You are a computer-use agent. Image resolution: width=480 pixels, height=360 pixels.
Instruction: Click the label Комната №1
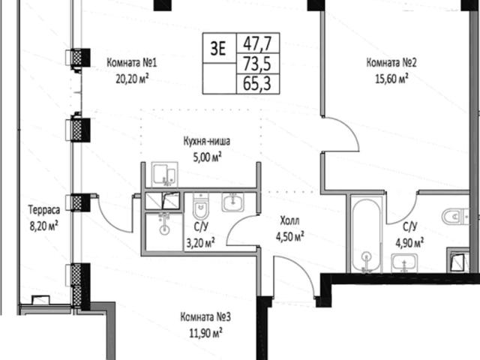[132, 63]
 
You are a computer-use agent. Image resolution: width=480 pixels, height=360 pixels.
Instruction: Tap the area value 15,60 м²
[391, 79]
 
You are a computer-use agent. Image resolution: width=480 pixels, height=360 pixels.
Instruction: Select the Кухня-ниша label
[207, 142]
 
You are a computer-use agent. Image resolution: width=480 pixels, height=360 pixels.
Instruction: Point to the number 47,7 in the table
[257, 43]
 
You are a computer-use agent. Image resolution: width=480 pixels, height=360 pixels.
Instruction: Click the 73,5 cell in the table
[257, 64]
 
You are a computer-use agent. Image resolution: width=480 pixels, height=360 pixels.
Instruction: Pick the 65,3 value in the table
[257, 83]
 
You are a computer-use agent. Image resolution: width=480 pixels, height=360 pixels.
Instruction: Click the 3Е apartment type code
[218, 48]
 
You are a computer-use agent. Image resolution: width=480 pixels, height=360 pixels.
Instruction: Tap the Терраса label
[44, 210]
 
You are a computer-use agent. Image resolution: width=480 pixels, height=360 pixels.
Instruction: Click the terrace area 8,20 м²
[43, 226]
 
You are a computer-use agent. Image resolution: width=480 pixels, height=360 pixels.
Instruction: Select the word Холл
[289, 220]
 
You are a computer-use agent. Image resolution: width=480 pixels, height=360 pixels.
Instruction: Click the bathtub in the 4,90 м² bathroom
[367, 235]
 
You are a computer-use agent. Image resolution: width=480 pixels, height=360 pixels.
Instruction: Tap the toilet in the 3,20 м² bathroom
[200, 206]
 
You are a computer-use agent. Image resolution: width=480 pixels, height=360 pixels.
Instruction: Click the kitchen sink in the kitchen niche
[164, 174]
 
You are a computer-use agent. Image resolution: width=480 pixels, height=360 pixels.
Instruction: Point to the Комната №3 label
[205, 317]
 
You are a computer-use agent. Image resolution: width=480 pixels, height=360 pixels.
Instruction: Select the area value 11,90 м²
[205, 333]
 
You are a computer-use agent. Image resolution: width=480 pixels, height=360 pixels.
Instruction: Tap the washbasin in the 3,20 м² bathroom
[233, 202]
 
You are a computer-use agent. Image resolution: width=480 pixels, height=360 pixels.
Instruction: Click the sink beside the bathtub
[404, 263]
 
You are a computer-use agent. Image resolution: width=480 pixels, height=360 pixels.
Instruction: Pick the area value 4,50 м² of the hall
[290, 237]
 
